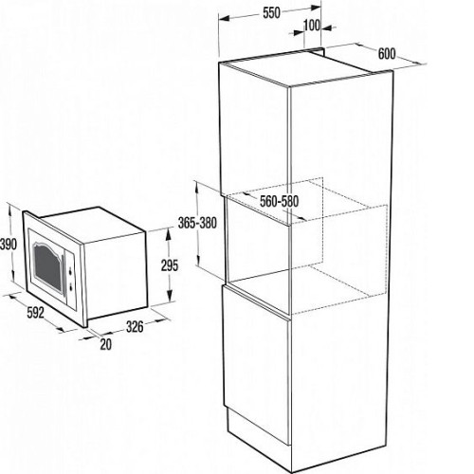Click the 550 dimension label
point(271,13)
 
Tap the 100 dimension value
point(312,26)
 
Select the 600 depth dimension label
point(387,54)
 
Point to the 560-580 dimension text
point(279,201)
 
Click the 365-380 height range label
point(197,223)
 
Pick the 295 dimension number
point(170,265)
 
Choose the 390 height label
point(9,245)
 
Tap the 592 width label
point(35,313)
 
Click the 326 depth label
point(135,327)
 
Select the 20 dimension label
point(106,344)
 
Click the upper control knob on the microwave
point(69,271)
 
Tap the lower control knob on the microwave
point(70,287)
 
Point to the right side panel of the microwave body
point(116,276)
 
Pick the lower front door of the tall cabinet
point(256,363)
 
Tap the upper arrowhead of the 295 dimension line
point(169,234)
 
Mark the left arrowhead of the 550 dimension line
point(224,19)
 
